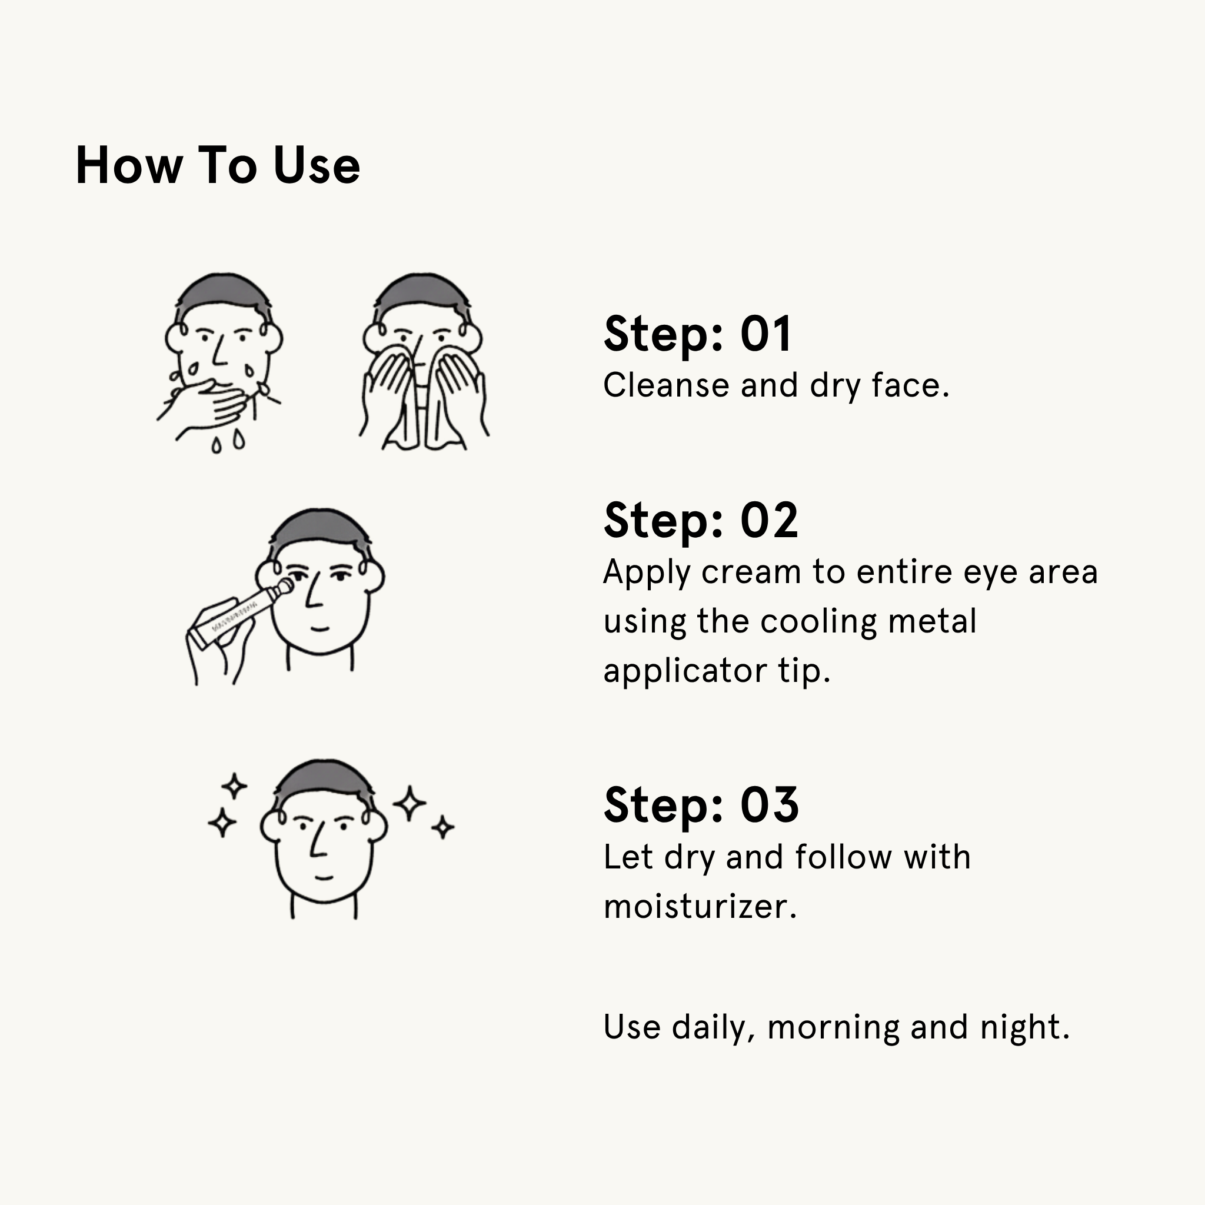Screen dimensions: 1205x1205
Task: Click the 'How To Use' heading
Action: [218, 166]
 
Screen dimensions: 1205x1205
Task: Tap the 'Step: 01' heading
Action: [697, 334]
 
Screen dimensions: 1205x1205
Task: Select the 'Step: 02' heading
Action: [700, 521]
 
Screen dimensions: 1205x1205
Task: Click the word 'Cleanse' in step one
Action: [665, 385]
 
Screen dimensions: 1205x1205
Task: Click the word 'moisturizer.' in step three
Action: [700, 906]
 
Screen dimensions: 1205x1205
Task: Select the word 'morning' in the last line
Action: [833, 1027]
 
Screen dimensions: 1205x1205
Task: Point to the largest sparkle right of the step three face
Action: [409, 803]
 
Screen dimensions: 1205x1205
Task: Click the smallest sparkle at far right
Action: [443, 828]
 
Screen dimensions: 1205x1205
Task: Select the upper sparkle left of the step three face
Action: [235, 786]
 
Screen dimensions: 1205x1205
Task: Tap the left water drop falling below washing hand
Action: [217, 445]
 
